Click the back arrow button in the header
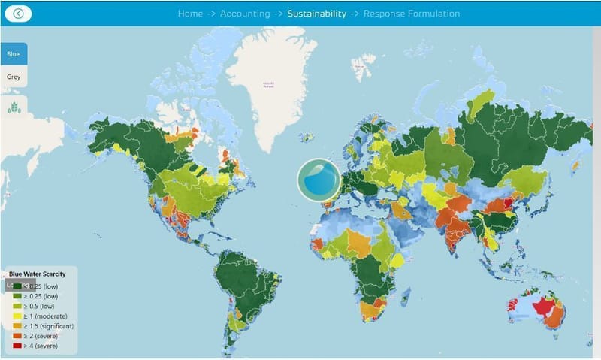(x=19, y=14)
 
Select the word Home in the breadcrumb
(x=190, y=14)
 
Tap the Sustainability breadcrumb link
(x=316, y=14)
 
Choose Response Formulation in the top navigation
(x=412, y=14)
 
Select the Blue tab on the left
(x=14, y=54)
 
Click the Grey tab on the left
(x=14, y=76)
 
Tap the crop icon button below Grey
(x=14, y=107)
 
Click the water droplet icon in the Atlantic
(x=319, y=180)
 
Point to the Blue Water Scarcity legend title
(x=42, y=274)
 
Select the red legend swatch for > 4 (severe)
(x=17, y=346)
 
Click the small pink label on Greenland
(x=268, y=85)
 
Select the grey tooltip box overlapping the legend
(x=20, y=285)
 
